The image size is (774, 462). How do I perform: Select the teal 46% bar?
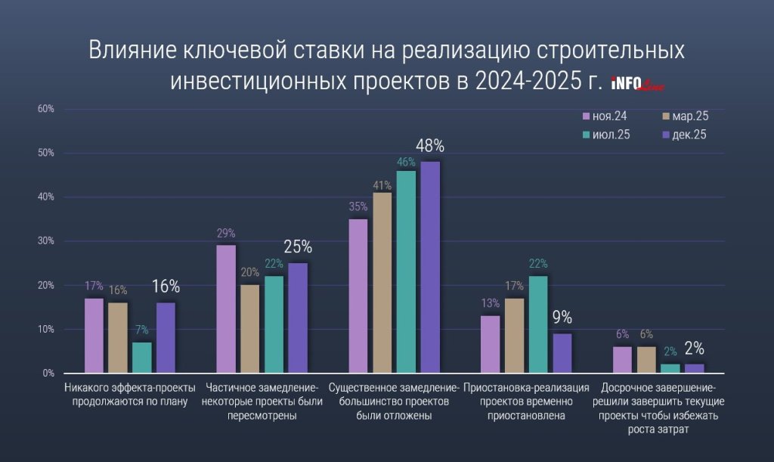pyautogui.click(x=406, y=271)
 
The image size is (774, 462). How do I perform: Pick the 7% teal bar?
pyautogui.click(x=142, y=358)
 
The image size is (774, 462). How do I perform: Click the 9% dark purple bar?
pyautogui.click(x=562, y=353)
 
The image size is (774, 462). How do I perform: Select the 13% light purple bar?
pyautogui.click(x=491, y=344)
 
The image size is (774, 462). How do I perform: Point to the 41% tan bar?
pyautogui.click(x=382, y=283)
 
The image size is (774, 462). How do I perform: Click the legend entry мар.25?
pyautogui.click(x=684, y=116)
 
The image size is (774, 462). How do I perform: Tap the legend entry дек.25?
pyautogui.click(x=684, y=135)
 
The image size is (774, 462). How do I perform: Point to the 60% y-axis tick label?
pyautogui.click(x=45, y=109)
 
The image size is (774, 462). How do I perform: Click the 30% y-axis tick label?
pyautogui.click(x=45, y=241)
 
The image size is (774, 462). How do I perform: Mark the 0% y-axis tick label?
pyautogui.click(x=48, y=374)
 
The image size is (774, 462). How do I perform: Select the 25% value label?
pyautogui.click(x=298, y=247)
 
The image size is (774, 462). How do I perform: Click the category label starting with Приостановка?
pyautogui.click(x=526, y=401)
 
